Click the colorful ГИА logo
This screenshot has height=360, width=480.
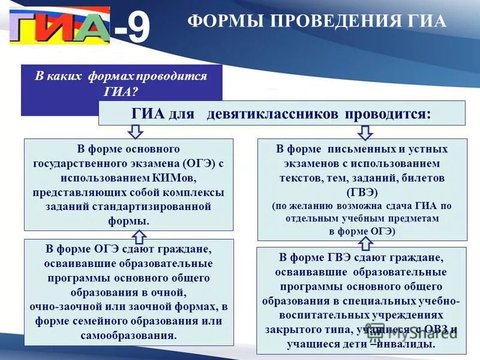[59, 26]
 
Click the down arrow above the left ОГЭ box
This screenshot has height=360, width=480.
[136, 132]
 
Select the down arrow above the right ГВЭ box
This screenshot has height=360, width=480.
[365, 132]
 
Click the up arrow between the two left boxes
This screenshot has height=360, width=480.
[139, 235]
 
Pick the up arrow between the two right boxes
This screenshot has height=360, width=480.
[365, 242]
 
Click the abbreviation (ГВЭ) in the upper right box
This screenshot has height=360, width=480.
[362, 192]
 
